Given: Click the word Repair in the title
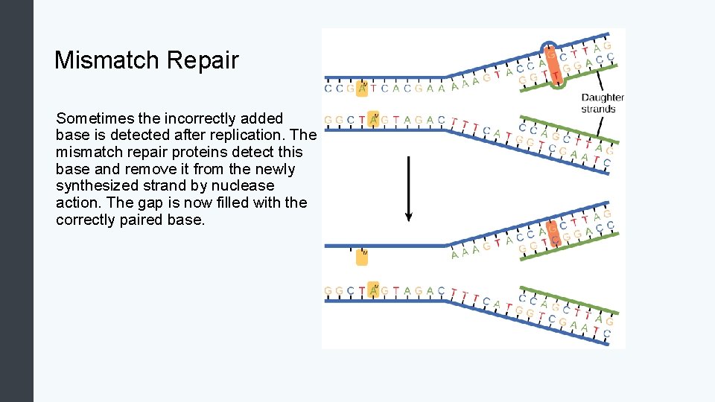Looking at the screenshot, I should pyautogui.click(x=207, y=60).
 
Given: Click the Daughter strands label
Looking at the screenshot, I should pyautogui.click(x=602, y=103).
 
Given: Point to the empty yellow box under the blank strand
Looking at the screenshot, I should pyautogui.click(x=362, y=257).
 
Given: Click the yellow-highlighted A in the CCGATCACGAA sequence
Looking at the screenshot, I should pyautogui.click(x=363, y=89).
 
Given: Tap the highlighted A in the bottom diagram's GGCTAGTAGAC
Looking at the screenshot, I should pyautogui.click(x=374, y=290).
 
